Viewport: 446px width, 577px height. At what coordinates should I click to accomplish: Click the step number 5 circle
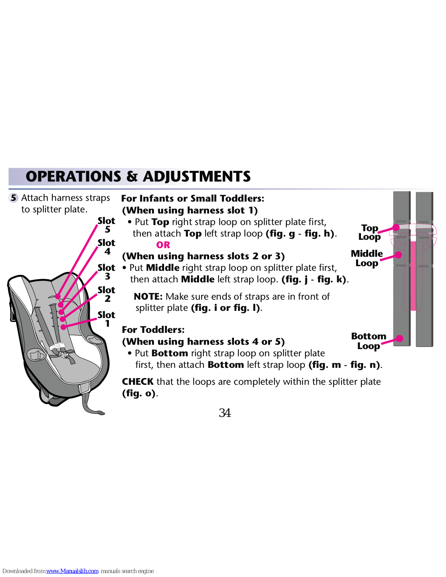(13, 198)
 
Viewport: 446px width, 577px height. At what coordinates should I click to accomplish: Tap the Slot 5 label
(106, 225)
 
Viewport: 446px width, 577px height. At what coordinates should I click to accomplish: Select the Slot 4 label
(106, 247)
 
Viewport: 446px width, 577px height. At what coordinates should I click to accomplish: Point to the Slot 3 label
(106, 272)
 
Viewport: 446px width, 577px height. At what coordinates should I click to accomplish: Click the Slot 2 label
(106, 294)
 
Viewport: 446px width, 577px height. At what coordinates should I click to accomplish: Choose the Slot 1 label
(106, 319)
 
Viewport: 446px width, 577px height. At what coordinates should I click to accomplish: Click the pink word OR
(163, 245)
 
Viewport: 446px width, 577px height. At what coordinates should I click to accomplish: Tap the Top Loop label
(370, 232)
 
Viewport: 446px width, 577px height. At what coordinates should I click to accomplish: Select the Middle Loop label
(367, 258)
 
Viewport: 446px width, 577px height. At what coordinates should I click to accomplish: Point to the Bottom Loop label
(368, 341)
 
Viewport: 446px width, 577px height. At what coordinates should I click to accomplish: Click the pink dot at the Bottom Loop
(399, 338)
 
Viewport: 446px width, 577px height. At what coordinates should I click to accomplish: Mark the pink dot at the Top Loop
(396, 227)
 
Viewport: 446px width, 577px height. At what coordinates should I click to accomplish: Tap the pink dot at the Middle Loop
(398, 255)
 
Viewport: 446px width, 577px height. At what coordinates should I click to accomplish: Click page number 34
(225, 413)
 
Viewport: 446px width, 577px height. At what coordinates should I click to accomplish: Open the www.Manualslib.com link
(72, 571)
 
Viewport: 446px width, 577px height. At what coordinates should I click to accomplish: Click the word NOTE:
(148, 296)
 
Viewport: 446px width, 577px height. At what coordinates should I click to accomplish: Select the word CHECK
(138, 382)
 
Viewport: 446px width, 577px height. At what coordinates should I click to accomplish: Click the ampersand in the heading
(132, 177)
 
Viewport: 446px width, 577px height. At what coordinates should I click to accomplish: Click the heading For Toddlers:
(153, 330)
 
